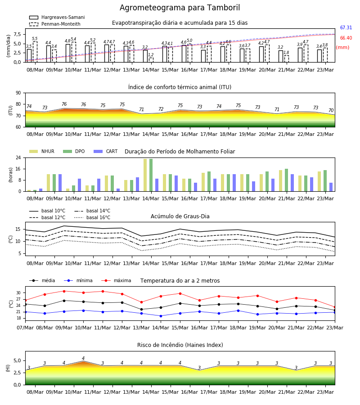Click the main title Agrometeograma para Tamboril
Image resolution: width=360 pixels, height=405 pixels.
pos(180,8)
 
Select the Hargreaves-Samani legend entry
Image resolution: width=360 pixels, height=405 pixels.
pos(57,17)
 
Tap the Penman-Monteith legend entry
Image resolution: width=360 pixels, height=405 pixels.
pos(55,24)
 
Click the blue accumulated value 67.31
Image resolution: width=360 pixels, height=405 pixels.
pos(346,27)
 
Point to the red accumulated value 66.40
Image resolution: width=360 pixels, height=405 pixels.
pos(346,38)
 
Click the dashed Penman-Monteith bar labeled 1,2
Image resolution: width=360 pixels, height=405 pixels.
pos(151,60)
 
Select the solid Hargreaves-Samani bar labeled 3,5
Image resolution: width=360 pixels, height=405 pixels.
pos(29,56)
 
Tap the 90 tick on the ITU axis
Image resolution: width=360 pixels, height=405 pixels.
pos(18,93)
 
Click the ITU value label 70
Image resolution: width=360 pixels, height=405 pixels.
pos(331,110)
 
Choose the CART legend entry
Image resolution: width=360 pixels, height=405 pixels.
pos(106,151)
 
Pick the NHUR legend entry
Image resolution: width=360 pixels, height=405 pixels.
pos(42,151)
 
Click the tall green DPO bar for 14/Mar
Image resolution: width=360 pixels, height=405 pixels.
pos(151,175)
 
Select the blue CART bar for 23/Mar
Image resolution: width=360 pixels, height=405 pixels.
pos(331,187)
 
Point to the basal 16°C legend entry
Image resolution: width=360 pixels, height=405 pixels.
pos(92,217)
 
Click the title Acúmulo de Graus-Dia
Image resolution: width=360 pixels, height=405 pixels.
pos(180,216)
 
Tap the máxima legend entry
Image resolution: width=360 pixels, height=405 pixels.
pos(116,280)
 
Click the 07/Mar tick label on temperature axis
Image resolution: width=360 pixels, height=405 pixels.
pos(25,328)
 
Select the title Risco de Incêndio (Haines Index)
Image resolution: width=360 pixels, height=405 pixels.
pos(180,345)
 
